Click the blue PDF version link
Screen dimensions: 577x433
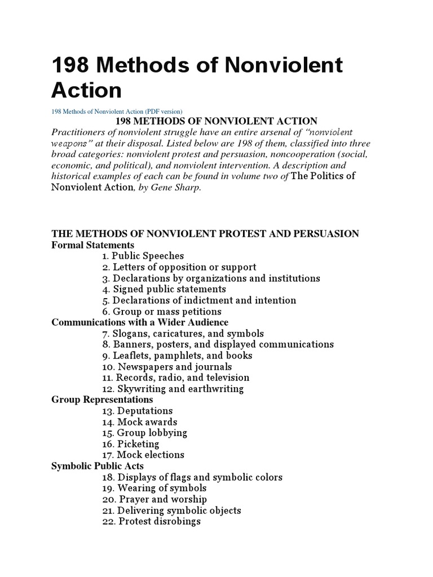pyautogui.click(x=117, y=110)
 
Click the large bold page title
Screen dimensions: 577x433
pyautogui.click(x=197, y=77)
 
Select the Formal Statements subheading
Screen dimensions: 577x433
pyautogui.click(x=92, y=245)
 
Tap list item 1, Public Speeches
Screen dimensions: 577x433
pyautogui.click(x=143, y=256)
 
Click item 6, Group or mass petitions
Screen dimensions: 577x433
pyautogui.click(x=162, y=311)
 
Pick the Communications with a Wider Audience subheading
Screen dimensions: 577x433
pyautogui.click(x=140, y=322)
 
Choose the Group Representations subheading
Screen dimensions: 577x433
pyautogui.click(x=102, y=400)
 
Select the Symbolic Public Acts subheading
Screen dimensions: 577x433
pyautogui.click(x=97, y=466)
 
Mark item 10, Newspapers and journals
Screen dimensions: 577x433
pyautogui.click(x=167, y=366)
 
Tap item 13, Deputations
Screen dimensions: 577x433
pyautogui.click(x=137, y=411)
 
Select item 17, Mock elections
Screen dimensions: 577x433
pyautogui.click(x=143, y=455)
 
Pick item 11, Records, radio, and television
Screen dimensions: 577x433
pyautogui.click(x=175, y=378)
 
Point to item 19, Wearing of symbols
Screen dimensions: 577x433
pyautogui.click(x=154, y=488)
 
